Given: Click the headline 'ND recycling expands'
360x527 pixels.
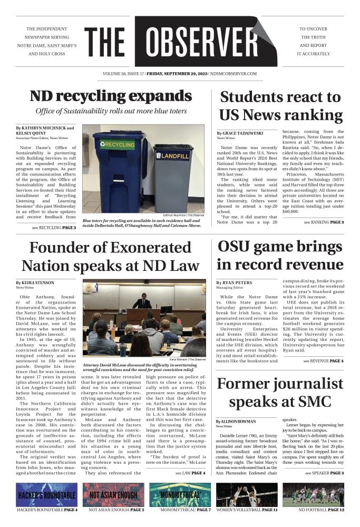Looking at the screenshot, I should [x=110, y=96].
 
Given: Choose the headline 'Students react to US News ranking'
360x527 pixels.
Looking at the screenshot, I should [x=280, y=106].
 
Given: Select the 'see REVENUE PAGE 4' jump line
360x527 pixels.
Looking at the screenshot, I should [x=323, y=361].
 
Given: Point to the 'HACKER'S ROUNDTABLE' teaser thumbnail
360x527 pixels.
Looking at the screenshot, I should [x=46, y=495].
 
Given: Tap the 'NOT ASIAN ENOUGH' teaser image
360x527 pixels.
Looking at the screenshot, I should [x=113, y=495].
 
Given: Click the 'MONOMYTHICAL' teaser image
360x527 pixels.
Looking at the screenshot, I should [x=180, y=495].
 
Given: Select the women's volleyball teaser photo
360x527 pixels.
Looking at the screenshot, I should [x=247, y=495].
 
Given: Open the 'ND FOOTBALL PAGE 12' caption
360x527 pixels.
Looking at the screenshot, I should [x=314, y=510].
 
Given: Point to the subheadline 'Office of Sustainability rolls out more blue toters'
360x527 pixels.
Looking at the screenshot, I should [x=110, y=111].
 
